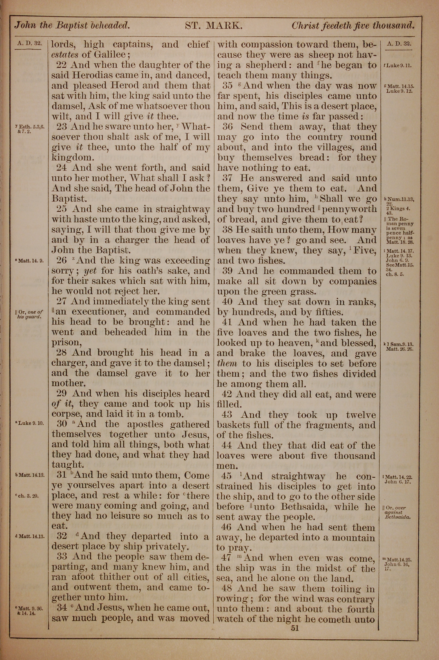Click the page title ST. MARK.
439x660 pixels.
213,26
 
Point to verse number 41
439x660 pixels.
227,322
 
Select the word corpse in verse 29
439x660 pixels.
65,414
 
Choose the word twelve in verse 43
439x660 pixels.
361,415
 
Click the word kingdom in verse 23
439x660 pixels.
72,158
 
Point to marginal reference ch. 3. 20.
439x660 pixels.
28,496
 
